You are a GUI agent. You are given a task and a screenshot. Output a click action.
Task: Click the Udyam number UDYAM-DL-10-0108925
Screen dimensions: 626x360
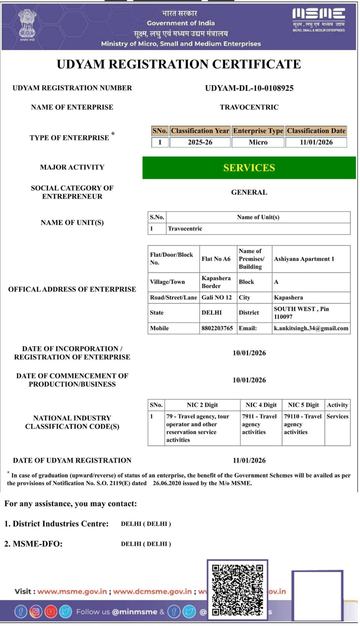[249, 88]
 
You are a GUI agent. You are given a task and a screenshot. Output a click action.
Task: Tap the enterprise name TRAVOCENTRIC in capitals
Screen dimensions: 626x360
[249, 107]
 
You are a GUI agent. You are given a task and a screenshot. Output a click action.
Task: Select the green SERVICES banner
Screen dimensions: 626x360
[249, 168]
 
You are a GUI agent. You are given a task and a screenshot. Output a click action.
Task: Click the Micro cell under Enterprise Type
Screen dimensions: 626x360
[258, 142]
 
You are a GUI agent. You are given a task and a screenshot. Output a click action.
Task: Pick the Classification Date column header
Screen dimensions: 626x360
[316, 131]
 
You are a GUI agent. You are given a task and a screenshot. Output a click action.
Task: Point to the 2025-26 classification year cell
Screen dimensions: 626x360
[200, 142]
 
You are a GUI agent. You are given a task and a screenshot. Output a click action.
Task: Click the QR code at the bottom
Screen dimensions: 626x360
[237, 589]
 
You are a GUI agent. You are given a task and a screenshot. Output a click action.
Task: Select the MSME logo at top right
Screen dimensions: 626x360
[318, 20]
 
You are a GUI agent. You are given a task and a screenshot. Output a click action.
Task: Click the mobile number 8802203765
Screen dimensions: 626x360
[217, 328]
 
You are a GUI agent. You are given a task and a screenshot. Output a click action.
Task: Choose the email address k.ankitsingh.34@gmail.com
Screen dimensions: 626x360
[311, 328]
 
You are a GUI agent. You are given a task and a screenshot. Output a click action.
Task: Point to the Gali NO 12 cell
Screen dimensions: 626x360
[217, 297]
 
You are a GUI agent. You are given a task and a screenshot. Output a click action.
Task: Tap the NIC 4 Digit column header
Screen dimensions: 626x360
[261, 405]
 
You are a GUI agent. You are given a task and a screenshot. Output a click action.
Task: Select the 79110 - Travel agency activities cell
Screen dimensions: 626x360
[302, 424]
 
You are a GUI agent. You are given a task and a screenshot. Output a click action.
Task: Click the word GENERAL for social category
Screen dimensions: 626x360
[249, 192]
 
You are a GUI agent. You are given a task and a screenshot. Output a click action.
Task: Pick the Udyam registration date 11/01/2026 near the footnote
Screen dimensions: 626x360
[249, 460]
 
